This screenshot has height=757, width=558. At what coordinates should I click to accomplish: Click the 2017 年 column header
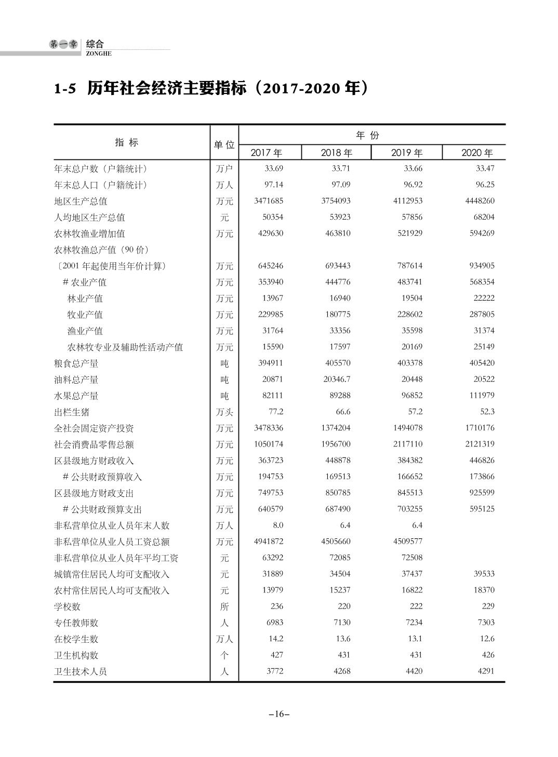click(x=266, y=153)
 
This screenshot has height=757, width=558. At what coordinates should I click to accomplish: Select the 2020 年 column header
click(x=477, y=153)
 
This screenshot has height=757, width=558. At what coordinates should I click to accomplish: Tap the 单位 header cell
click(x=224, y=145)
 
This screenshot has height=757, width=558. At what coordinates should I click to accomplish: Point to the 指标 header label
click(x=127, y=142)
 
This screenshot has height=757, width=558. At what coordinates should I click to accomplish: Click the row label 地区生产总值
click(x=81, y=201)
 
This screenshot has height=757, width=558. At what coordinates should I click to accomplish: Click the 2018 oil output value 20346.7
click(x=336, y=379)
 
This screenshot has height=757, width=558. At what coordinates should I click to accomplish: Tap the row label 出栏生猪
click(x=72, y=412)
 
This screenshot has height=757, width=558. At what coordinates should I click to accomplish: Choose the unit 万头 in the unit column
click(x=224, y=412)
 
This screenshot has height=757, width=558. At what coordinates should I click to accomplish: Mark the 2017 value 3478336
click(x=269, y=428)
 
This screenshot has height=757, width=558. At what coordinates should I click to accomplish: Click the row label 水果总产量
click(x=76, y=396)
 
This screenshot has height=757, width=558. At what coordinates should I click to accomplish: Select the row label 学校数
click(x=68, y=606)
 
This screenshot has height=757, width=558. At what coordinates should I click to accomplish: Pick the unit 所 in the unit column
click(x=224, y=606)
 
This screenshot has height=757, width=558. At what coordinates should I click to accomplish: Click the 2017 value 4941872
click(x=269, y=542)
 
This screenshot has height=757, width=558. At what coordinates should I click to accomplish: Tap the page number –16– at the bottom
click(x=279, y=714)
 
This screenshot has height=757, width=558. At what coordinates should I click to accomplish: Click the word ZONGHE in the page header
click(x=99, y=53)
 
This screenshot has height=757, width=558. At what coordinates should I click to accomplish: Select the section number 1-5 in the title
click(x=65, y=89)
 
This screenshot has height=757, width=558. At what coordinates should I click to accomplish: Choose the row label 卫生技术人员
click(x=81, y=671)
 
